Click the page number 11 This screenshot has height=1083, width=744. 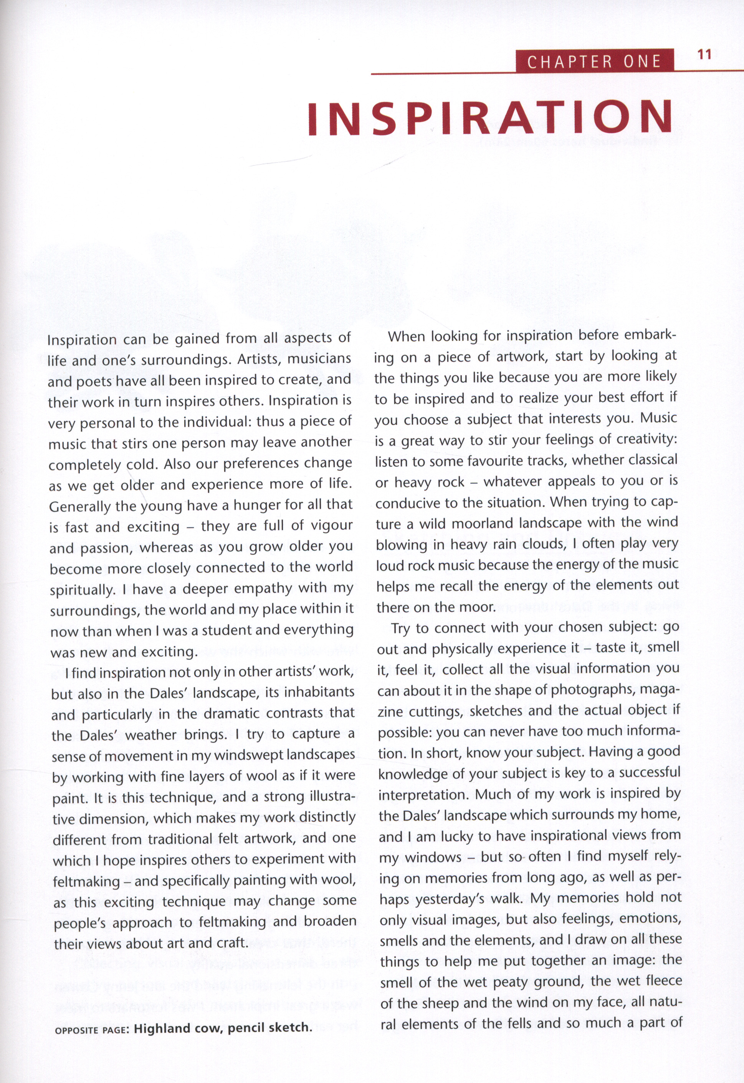(704, 55)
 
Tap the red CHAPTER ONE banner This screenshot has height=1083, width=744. (594, 61)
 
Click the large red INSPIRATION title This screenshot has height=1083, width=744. (490, 118)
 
